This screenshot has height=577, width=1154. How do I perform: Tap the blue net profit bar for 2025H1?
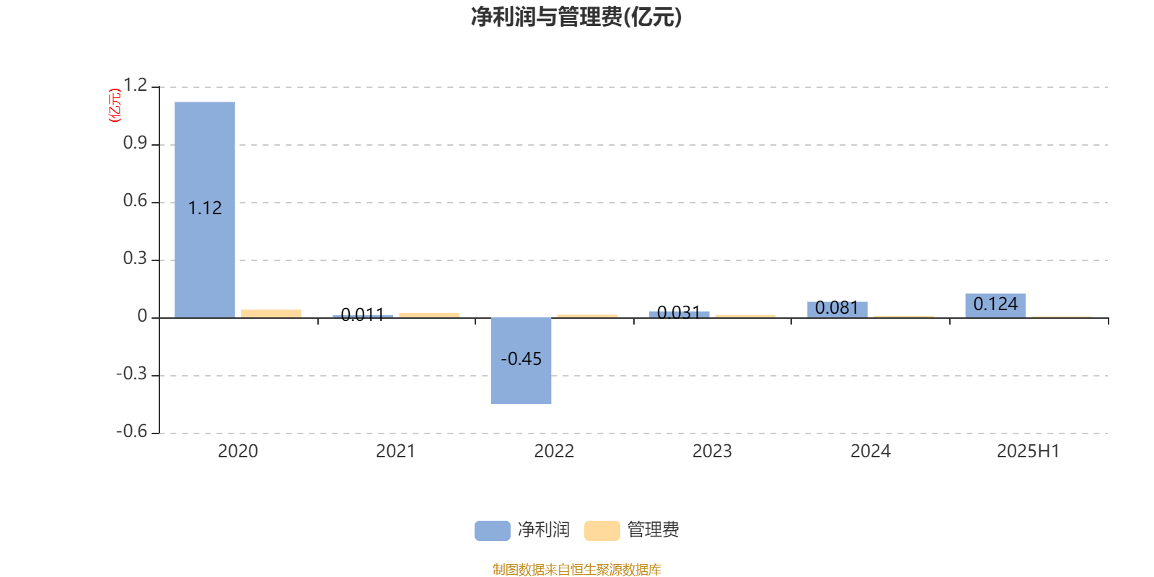(995, 305)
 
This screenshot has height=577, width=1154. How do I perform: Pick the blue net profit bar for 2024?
(837, 309)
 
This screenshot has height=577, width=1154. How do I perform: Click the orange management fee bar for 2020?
(271, 313)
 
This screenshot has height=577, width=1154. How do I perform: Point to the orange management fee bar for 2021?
(429, 314)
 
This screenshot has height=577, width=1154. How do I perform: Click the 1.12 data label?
(205, 208)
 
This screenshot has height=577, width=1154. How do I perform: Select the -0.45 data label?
(521, 359)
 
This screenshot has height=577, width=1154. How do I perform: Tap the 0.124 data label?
(995, 304)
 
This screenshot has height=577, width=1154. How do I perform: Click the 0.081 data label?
(837, 309)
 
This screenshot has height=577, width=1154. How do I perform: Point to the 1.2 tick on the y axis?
(135, 86)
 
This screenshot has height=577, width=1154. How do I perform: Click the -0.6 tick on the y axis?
(131, 431)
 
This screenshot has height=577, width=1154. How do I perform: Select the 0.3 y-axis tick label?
(135, 258)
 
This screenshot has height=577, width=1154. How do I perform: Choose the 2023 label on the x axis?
(712, 452)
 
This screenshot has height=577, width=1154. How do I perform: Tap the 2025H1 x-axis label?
(1028, 452)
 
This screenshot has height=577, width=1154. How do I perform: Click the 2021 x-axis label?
(395, 452)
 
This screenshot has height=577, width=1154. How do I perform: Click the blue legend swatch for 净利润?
(492, 530)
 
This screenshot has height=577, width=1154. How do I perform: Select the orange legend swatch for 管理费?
(602, 530)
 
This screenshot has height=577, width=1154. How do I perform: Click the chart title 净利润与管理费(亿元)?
(576, 17)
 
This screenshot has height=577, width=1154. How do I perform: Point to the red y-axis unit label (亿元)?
(115, 105)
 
